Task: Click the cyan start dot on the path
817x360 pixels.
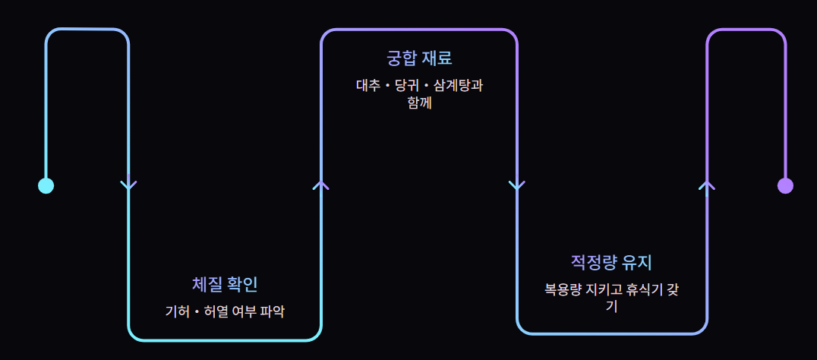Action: [46, 185]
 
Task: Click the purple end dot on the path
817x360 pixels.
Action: [785, 185]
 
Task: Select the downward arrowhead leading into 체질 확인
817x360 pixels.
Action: [129, 185]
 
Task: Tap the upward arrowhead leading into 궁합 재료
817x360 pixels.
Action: [321, 185]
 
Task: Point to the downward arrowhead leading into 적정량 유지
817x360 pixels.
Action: [517, 185]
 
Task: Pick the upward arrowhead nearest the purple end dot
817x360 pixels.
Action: [707, 185]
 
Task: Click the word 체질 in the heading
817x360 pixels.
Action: [207, 285]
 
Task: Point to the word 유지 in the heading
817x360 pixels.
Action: [637, 263]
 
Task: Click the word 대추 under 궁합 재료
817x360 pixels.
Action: [367, 85]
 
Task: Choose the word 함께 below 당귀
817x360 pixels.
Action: [419, 102]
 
